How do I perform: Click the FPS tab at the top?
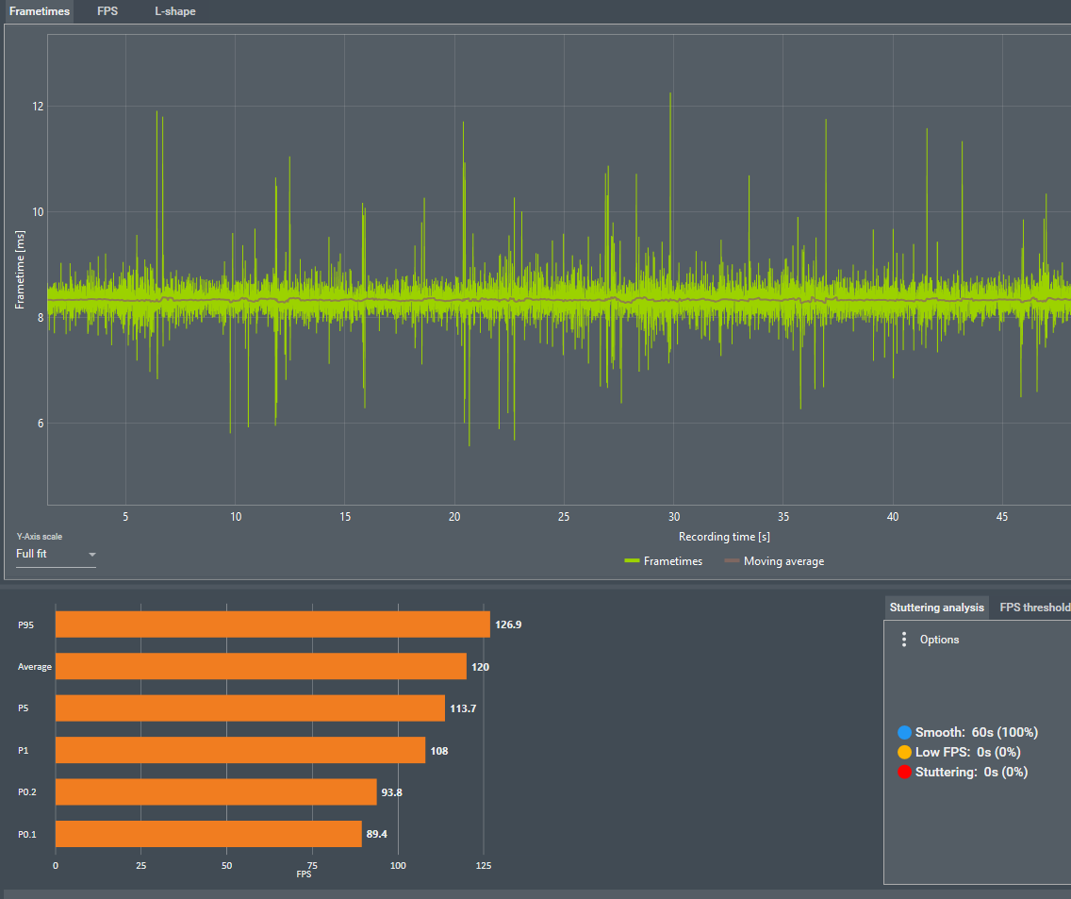tap(107, 11)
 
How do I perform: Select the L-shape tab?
tap(175, 11)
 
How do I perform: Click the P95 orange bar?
tap(272, 624)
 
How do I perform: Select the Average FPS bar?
tap(261, 667)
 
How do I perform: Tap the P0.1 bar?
tap(208, 834)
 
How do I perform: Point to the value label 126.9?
tap(510, 624)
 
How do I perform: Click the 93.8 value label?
tap(391, 792)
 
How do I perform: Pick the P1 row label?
tap(24, 751)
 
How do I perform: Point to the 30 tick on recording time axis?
tap(673, 517)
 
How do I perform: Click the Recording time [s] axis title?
tap(724, 537)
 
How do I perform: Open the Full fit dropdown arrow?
tap(92, 555)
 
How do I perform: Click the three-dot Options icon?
tap(904, 640)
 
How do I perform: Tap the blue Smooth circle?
tap(905, 732)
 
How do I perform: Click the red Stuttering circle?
tap(905, 772)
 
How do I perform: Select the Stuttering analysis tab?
tap(937, 608)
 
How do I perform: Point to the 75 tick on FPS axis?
tap(313, 865)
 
